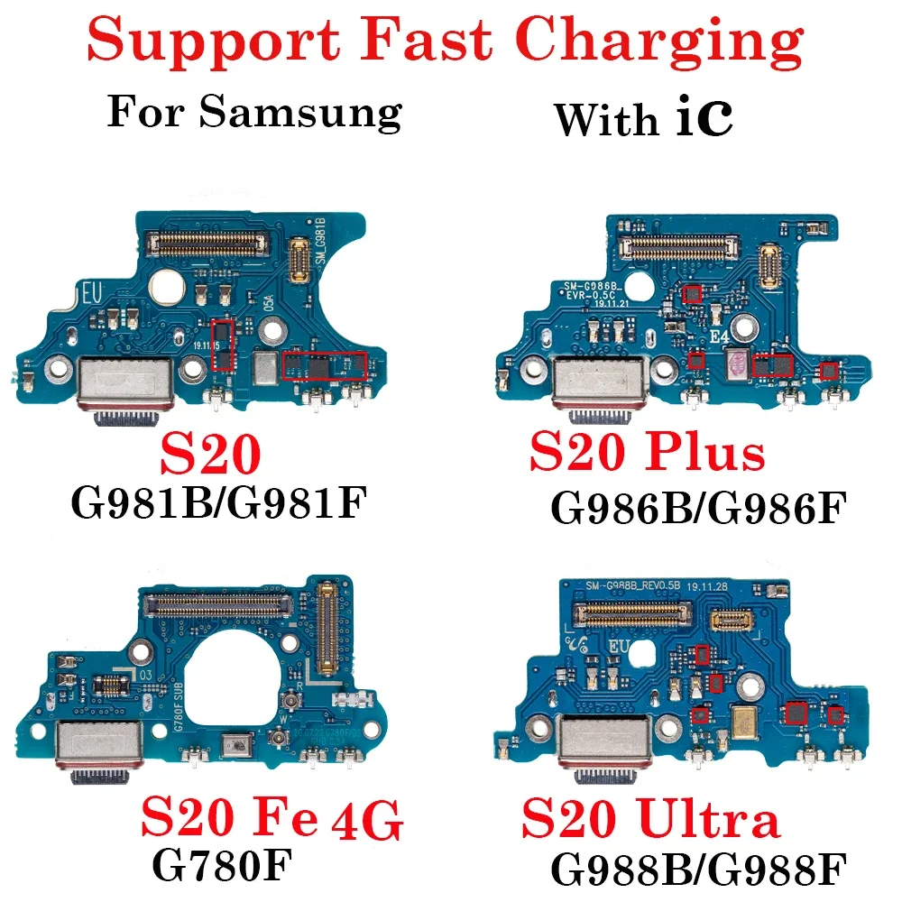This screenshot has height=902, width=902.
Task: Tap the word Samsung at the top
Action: (x=300, y=115)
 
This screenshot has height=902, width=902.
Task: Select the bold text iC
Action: (x=704, y=120)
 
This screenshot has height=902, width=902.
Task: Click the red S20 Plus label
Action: (x=647, y=452)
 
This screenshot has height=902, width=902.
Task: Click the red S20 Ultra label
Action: (x=650, y=821)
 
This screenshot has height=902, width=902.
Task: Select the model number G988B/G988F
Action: (x=696, y=870)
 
